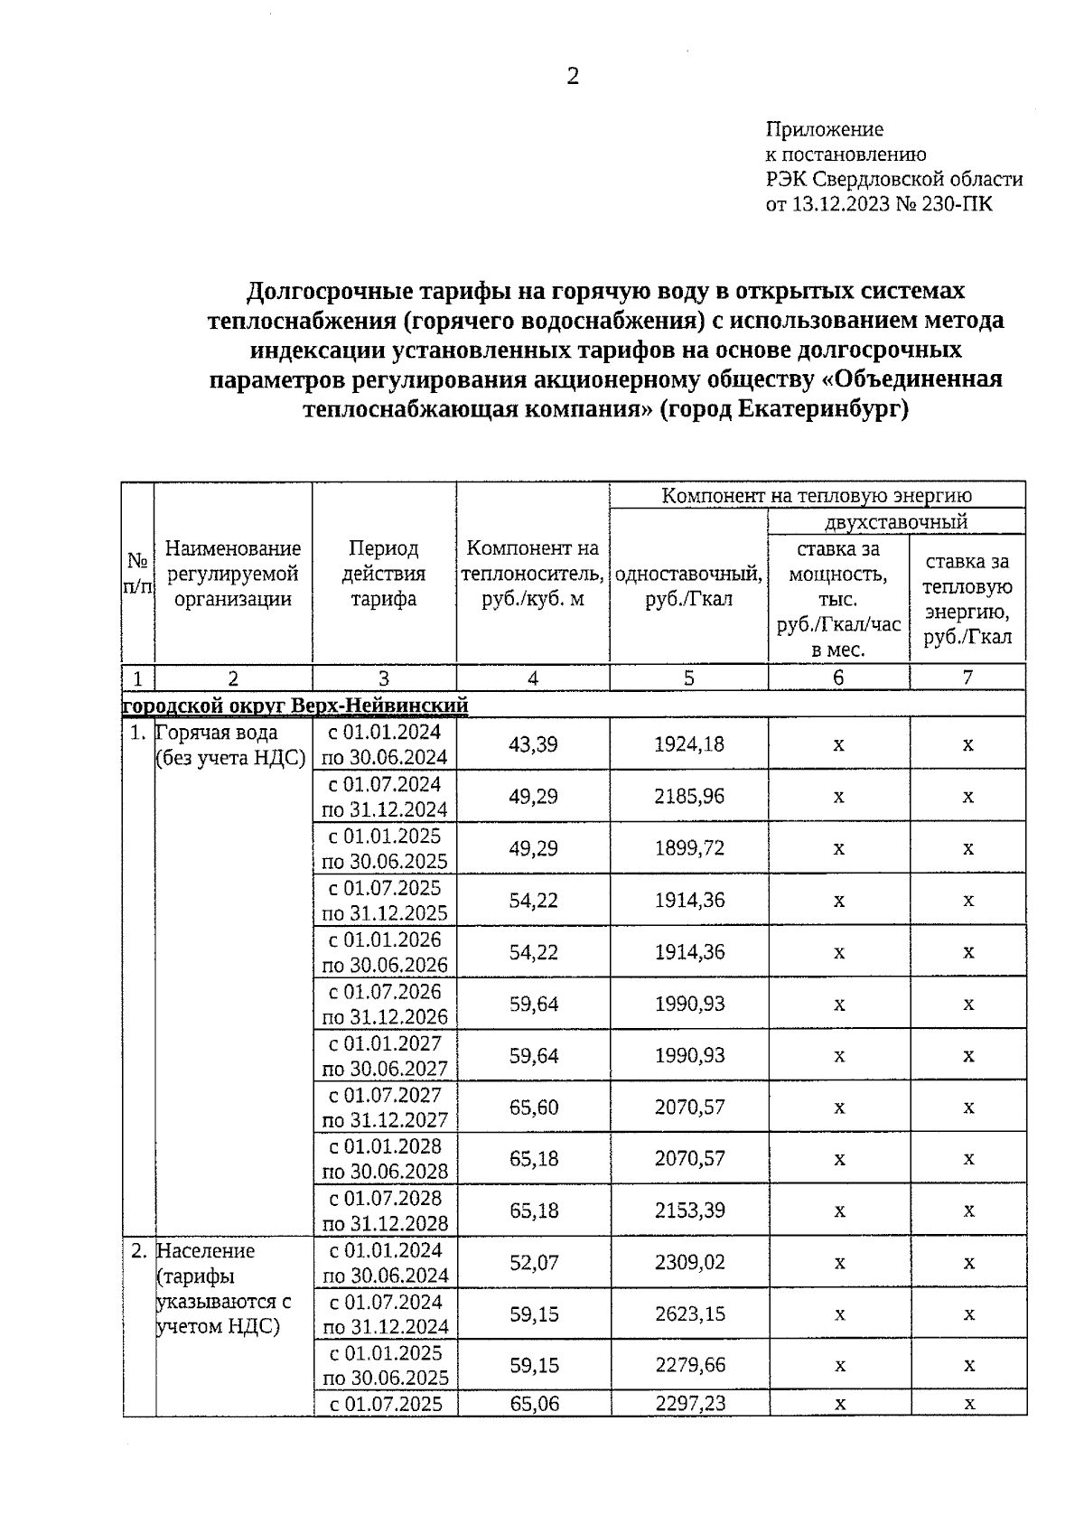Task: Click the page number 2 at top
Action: [x=572, y=77]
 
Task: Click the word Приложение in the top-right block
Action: [x=824, y=129]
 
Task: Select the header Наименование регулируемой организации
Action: [x=232, y=574]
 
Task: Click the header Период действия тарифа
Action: [x=384, y=574]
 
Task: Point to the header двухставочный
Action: [x=895, y=521]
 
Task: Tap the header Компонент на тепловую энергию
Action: [x=817, y=495]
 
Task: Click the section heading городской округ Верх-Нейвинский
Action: [x=295, y=704]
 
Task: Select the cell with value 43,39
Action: [x=533, y=744]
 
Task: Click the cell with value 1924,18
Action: [x=689, y=744]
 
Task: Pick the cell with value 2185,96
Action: [x=689, y=797]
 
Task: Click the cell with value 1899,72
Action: [x=689, y=848]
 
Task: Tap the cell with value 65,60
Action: [x=533, y=1107]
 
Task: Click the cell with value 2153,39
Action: [x=689, y=1211]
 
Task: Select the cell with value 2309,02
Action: [x=689, y=1262]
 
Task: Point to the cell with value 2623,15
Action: [x=689, y=1313]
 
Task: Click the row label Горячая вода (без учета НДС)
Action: [x=230, y=745]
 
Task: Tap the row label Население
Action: [x=206, y=1251]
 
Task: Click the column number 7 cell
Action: [x=967, y=678]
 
